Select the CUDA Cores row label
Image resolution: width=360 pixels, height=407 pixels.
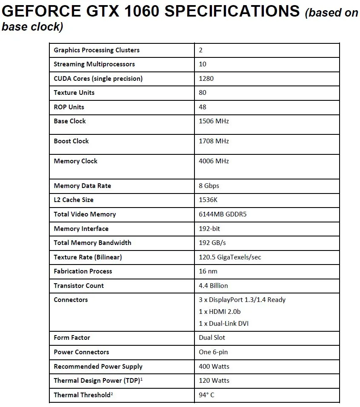click(x=98, y=78)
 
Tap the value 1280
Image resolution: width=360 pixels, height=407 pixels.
click(x=206, y=78)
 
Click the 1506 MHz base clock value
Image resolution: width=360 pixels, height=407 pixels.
click(x=214, y=121)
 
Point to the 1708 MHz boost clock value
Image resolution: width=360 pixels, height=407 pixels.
click(x=214, y=141)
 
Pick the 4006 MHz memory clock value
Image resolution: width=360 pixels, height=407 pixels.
click(x=214, y=161)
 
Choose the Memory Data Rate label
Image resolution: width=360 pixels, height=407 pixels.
click(x=82, y=186)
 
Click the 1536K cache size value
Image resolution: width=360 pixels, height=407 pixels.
click(x=209, y=200)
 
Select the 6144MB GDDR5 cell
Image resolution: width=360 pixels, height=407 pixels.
click(x=223, y=214)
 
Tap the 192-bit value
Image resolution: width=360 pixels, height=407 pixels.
click(x=209, y=229)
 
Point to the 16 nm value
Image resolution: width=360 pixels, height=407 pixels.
click(x=208, y=271)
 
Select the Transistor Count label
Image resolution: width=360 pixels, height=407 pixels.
click(x=79, y=286)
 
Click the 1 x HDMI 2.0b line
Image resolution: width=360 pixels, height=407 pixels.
click(x=220, y=312)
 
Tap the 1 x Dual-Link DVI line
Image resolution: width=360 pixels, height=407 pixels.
click(x=223, y=324)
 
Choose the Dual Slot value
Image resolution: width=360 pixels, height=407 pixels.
click(x=212, y=338)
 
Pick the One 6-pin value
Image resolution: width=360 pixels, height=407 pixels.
click(x=213, y=352)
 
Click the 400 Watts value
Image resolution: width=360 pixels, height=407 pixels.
click(x=214, y=367)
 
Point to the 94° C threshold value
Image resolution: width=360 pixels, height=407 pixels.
click(x=206, y=395)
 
